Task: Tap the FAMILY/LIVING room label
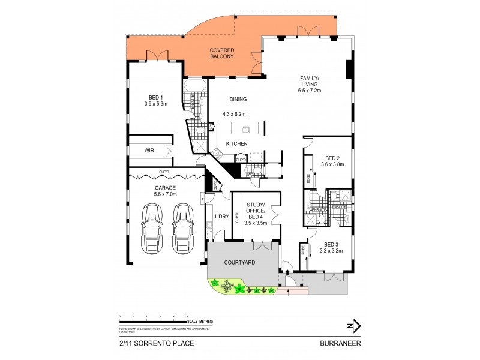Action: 311,84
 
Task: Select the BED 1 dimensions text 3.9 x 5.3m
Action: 155,104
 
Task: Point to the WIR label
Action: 149,151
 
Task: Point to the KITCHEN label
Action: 236,143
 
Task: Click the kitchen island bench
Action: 247,128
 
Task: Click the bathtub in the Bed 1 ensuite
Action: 196,91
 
